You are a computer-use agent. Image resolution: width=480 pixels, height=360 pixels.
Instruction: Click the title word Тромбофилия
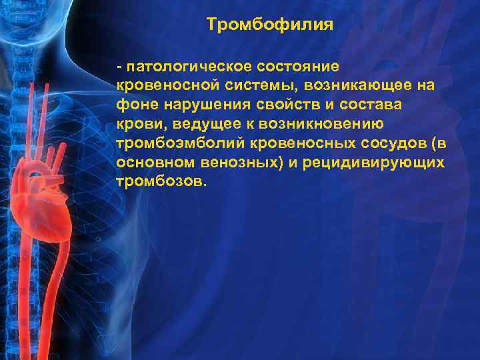269,25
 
